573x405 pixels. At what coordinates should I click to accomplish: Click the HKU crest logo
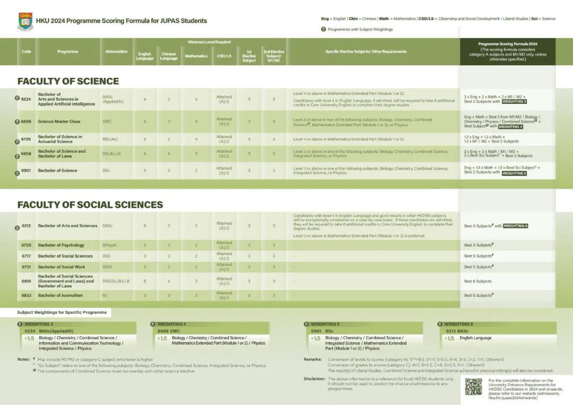click(x=25, y=21)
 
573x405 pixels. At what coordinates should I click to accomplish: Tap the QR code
click(x=473, y=386)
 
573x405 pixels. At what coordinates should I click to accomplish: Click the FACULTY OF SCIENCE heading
click(x=68, y=81)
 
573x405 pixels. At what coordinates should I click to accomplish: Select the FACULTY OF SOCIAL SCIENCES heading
click(x=90, y=205)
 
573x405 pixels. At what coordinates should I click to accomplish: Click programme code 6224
click(x=26, y=99)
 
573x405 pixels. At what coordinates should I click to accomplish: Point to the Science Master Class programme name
click(x=59, y=121)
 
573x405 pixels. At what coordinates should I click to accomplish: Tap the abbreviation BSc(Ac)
click(x=110, y=139)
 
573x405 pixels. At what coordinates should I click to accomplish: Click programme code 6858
click(x=26, y=154)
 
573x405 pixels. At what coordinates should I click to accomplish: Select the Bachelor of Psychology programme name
click(x=61, y=245)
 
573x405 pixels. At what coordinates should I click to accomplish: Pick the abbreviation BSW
click(x=107, y=267)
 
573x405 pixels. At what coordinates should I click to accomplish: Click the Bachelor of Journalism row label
click(x=60, y=295)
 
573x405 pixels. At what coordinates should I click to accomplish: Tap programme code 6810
click(x=26, y=281)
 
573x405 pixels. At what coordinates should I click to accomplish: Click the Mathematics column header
click(x=196, y=56)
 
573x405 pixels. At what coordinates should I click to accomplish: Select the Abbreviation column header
click(x=116, y=51)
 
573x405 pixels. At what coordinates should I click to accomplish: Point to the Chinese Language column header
click(x=169, y=56)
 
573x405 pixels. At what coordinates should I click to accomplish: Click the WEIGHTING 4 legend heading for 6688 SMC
click(x=171, y=324)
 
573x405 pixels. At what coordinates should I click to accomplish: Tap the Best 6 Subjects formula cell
click(x=477, y=281)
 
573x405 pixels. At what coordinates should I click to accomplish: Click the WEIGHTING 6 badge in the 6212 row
click(x=515, y=226)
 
